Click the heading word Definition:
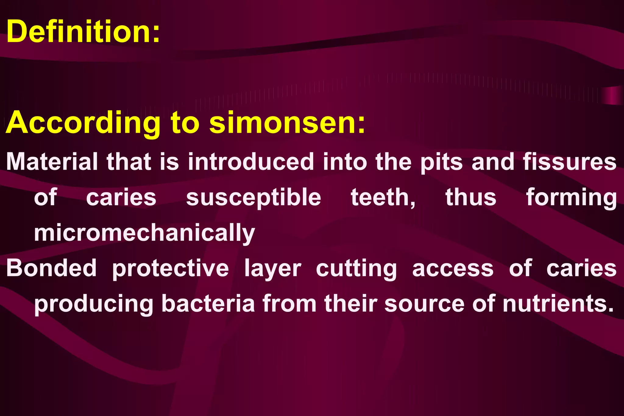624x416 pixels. tap(83, 32)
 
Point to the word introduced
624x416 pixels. tap(250, 162)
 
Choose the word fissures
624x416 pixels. tap(569, 162)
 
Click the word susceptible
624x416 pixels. tap(253, 198)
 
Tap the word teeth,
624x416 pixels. tap(383, 198)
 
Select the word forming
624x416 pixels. tap(571, 198)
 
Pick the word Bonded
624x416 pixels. tap(51, 268)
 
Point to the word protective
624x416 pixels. tap(170, 268)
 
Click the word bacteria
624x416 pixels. tap(208, 304)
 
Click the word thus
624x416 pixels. tap(471, 198)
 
